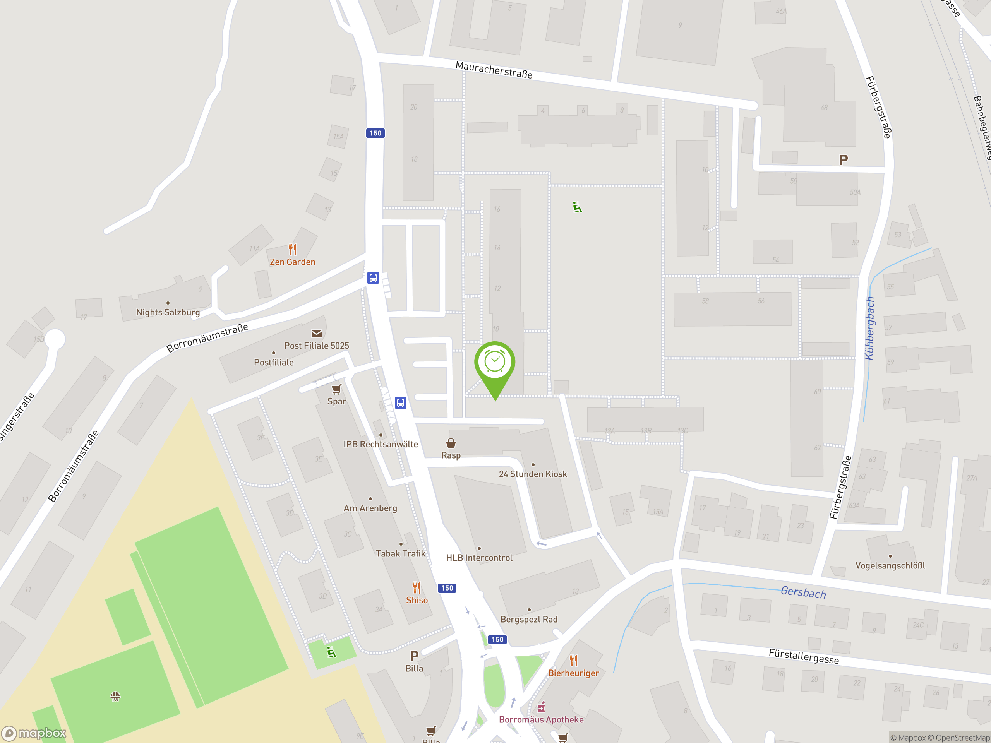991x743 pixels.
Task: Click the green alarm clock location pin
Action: (495, 363)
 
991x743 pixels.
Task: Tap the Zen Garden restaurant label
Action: (293, 262)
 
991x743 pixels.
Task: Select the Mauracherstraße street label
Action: (494, 70)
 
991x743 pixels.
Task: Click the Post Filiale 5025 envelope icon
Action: (316, 334)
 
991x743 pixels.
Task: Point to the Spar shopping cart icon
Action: (336, 389)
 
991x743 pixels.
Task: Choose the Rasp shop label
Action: (451, 455)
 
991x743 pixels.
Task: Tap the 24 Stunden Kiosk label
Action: (533, 474)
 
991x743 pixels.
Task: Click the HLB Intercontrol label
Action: (479, 558)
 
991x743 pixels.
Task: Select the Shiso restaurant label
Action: (417, 600)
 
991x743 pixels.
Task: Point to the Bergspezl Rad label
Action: (529, 620)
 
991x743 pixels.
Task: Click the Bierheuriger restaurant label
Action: (573, 673)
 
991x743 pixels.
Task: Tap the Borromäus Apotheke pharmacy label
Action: (541, 720)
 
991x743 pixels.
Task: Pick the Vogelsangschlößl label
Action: (890, 566)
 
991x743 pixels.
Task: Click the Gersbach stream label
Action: (803, 592)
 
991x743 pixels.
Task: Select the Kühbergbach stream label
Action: (869, 328)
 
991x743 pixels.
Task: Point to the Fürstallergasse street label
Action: (803, 656)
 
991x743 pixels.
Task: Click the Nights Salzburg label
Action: (168, 312)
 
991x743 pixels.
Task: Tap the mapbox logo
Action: (34, 733)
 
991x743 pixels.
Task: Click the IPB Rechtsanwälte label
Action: (381, 444)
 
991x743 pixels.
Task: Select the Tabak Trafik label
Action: (401, 553)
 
